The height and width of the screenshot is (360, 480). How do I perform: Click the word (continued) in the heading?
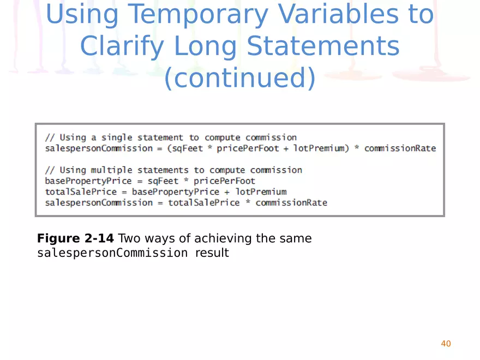click(x=240, y=78)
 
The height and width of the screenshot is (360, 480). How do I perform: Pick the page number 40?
click(x=446, y=343)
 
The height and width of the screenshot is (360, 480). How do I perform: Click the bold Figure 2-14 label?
click(x=75, y=238)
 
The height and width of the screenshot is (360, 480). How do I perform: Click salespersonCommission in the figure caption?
click(x=112, y=253)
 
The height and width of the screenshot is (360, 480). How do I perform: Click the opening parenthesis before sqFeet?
click(x=170, y=148)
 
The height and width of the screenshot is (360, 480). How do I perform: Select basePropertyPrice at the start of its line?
click(x=88, y=181)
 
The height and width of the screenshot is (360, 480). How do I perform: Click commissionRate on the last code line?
click(x=291, y=203)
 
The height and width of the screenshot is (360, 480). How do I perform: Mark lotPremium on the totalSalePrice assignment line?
click(x=261, y=192)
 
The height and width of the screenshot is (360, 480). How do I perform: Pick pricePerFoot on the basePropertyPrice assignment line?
click(x=225, y=181)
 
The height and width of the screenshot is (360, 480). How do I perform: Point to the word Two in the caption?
click(x=128, y=238)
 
